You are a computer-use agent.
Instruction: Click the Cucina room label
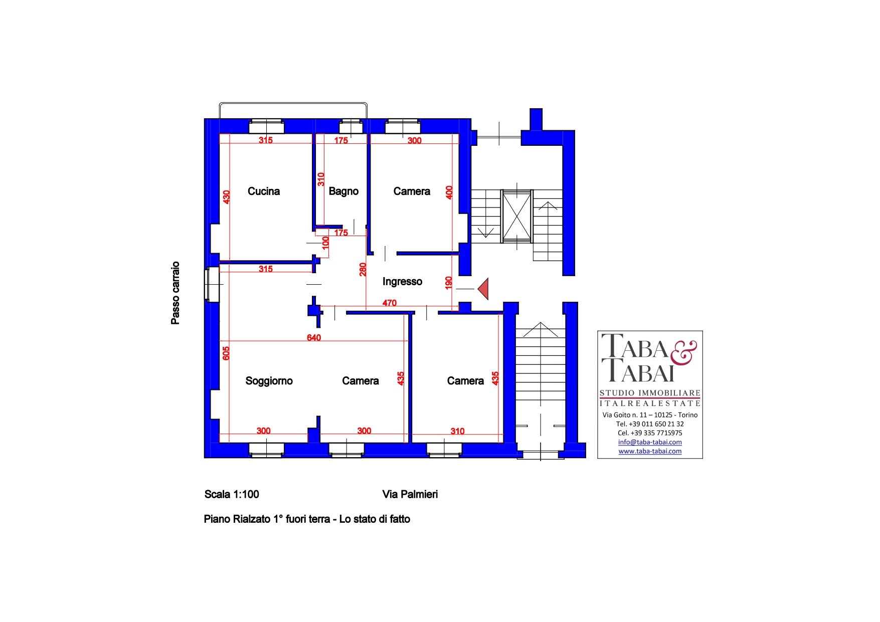(x=264, y=191)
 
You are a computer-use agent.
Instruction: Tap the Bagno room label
(x=343, y=191)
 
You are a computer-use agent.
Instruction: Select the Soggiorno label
(x=269, y=381)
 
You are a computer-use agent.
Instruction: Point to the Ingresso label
(x=402, y=282)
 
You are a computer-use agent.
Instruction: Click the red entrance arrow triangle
(x=483, y=289)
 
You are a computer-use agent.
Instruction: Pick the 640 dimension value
(x=314, y=338)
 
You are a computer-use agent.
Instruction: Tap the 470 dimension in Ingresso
(x=390, y=303)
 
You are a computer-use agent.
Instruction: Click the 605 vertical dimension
(x=226, y=353)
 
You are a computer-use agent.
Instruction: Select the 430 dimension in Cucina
(x=227, y=197)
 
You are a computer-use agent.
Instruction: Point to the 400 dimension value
(x=449, y=192)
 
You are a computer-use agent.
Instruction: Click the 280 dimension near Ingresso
(x=363, y=270)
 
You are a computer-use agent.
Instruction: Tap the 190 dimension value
(x=449, y=283)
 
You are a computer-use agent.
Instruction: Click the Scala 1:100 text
(x=232, y=495)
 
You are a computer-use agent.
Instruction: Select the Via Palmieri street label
(x=410, y=495)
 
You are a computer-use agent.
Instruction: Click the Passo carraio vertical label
(x=175, y=293)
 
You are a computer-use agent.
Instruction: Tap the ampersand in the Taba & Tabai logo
(x=683, y=352)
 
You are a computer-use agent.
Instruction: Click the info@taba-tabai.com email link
(x=650, y=442)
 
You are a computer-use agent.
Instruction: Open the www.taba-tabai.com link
(x=650, y=451)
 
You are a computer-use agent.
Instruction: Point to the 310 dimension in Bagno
(x=321, y=179)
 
